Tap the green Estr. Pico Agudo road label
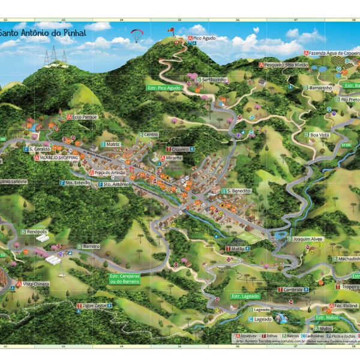[x=164, y=88]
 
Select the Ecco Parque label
[x=83, y=117]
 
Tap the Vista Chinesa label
[x=35, y=284]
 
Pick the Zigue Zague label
[x=95, y=305]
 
